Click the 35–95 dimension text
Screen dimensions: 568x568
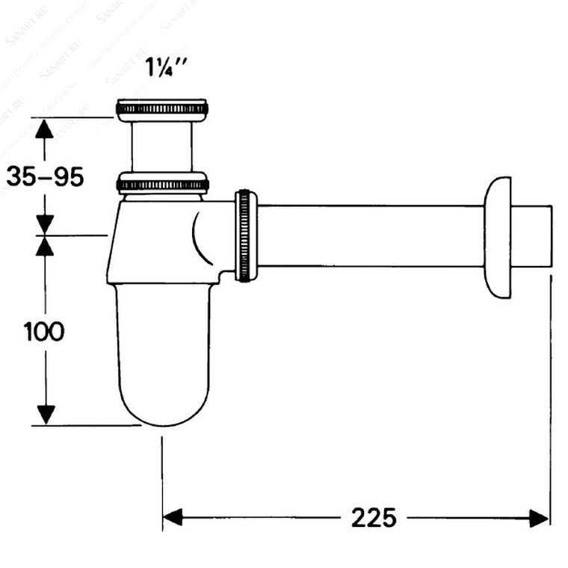click(45, 176)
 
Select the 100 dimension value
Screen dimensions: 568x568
click(44, 330)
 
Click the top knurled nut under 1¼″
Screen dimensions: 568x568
click(162, 109)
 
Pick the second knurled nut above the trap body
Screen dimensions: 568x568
click(162, 183)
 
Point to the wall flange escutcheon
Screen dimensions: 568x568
click(498, 237)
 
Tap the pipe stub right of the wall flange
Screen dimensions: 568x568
click(531, 236)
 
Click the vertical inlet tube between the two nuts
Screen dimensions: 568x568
click(161, 146)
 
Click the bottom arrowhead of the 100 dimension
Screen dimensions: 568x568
click(46, 414)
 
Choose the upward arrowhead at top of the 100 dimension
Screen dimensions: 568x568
click(46, 246)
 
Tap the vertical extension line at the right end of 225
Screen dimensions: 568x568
click(551, 396)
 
